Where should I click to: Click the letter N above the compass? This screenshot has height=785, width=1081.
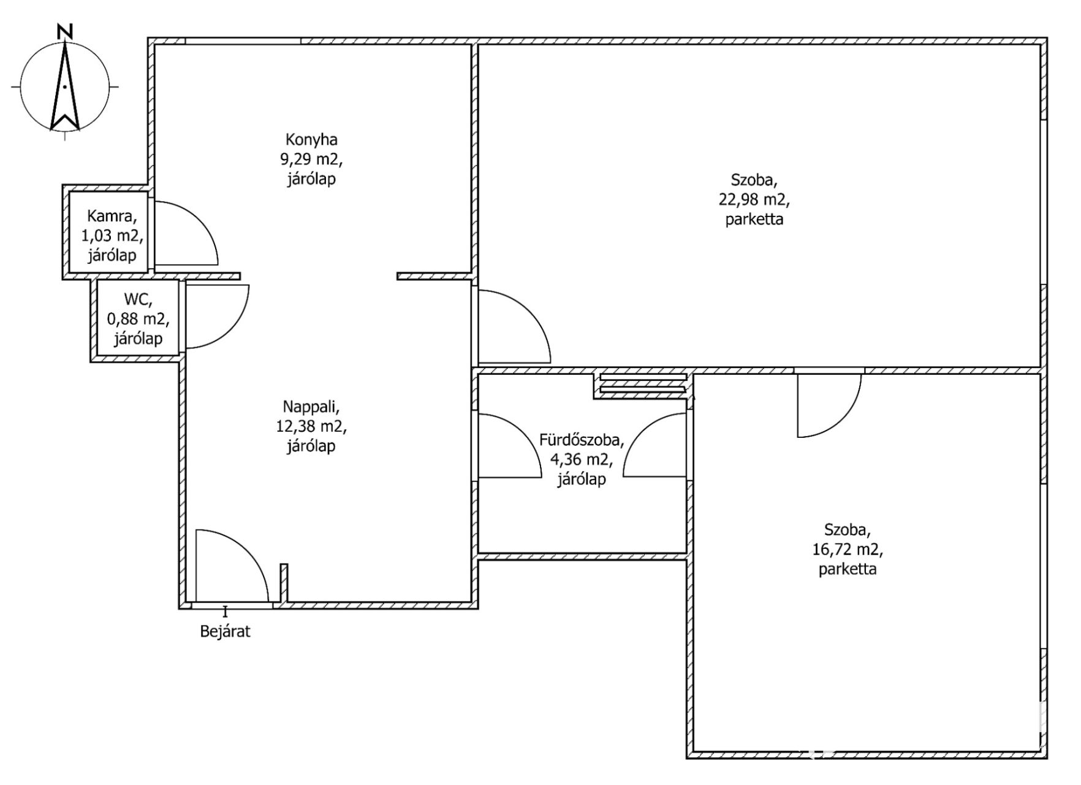coord(64,31)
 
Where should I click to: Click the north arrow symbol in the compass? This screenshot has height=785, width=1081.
coord(64,86)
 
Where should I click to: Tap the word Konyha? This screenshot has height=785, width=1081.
coord(311,140)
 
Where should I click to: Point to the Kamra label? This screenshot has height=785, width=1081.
coord(109,216)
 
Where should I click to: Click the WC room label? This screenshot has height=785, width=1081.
coord(138,299)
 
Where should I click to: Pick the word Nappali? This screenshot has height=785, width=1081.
coord(311,407)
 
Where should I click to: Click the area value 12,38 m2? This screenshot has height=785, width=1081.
coord(311,426)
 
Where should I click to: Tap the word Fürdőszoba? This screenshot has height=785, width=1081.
coord(582,440)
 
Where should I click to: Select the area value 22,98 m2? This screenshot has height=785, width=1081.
coord(754,199)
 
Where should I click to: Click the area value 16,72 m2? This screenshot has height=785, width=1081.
coord(848,549)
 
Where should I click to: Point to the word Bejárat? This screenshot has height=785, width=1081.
coord(226,632)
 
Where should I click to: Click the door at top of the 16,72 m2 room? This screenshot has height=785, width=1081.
coord(843,417)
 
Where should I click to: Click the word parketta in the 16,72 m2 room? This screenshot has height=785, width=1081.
coord(848,569)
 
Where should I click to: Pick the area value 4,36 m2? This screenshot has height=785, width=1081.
coord(582,459)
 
